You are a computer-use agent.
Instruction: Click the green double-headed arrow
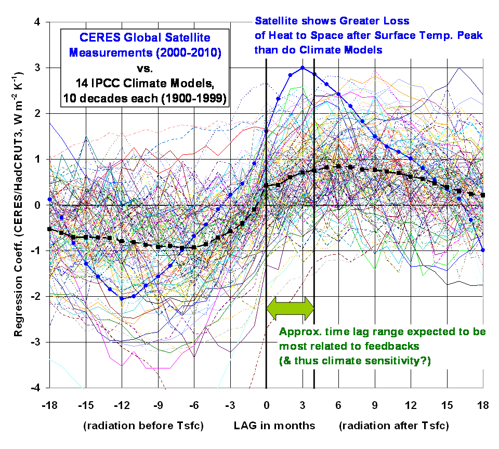pyautogui.click(x=290, y=308)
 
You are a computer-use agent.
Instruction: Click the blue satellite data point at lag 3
pyautogui.click(x=303, y=68)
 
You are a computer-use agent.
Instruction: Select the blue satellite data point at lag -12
pyautogui.click(x=122, y=298)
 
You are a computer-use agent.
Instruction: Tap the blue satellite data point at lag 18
pyautogui.click(x=483, y=250)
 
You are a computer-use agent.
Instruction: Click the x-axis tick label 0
pyautogui.click(x=266, y=404)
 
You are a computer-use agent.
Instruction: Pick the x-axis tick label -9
pyautogui.click(x=157, y=404)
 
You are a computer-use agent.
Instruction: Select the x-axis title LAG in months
pyautogui.click(x=274, y=426)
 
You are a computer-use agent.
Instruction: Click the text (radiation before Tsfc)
pyautogui.click(x=143, y=426)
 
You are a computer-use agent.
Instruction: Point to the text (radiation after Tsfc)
pyautogui.click(x=393, y=426)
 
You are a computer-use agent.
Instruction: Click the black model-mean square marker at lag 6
pyautogui.click(x=338, y=166)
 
